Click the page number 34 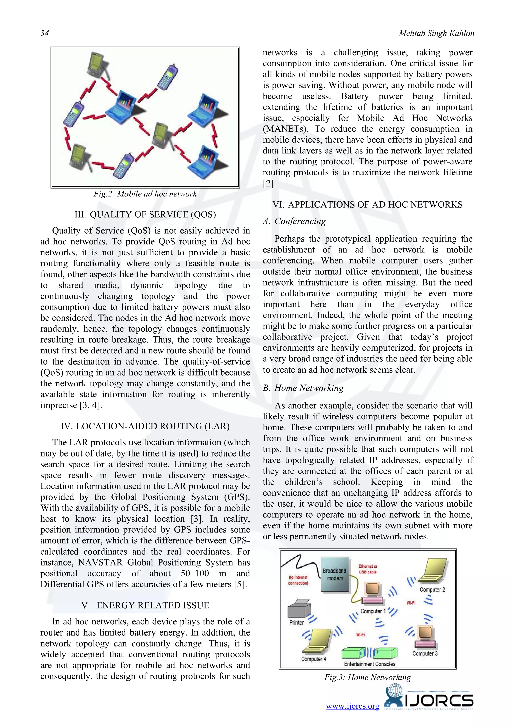(45, 33)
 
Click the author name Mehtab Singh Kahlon (436, 33)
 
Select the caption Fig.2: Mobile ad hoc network (145, 194)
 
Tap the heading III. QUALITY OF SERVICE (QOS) (145, 214)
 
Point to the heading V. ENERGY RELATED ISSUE (145, 605)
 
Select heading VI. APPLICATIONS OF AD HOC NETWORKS (367, 204)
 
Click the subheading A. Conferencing (294, 221)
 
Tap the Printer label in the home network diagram (296, 623)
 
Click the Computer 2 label (432, 589)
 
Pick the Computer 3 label (425, 653)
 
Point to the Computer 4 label (313, 659)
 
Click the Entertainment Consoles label (369, 664)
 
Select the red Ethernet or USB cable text (368, 569)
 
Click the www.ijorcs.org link (352, 706)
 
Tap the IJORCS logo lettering (439, 701)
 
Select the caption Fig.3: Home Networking (367, 677)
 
